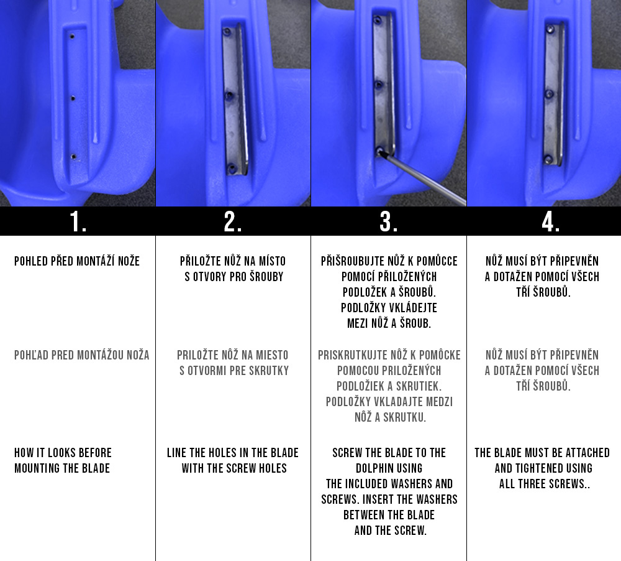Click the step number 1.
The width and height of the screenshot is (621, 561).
tap(78, 221)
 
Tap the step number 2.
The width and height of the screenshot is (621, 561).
tap(232, 221)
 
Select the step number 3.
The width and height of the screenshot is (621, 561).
tap(389, 221)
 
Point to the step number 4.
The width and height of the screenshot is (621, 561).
tap(550, 221)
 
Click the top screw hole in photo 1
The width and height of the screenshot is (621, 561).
tap(72, 37)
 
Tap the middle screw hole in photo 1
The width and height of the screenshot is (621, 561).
tap(73, 98)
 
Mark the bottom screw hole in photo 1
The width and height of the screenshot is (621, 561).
tap(74, 157)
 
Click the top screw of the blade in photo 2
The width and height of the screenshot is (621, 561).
tap(227, 32)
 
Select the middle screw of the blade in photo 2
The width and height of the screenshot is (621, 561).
tap(229, 96)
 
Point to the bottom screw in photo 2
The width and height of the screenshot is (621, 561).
tap(232, 169)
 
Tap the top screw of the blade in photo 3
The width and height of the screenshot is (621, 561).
tap(378, 20)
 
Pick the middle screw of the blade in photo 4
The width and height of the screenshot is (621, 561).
tap(550, 94)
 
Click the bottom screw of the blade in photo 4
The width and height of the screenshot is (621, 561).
tap(548, 160)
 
